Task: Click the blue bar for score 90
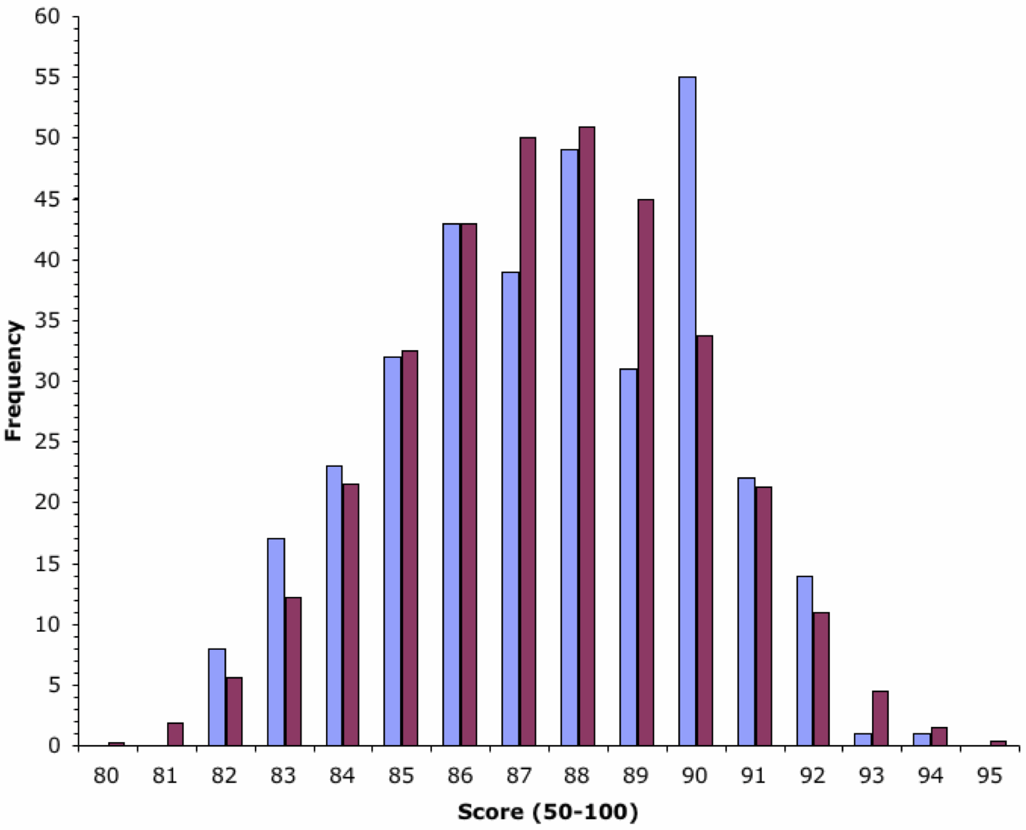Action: (x=687, y=411)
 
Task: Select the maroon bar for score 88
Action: (x=587, y=436)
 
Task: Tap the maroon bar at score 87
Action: (x=528, y=442)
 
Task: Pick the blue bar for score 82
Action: (x=216, y=697)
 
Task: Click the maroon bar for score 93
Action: (x=880, y=718)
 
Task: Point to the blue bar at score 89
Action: (x=628, y=557)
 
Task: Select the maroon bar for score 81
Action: (x=175, y=734)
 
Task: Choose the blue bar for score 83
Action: (x=276, y=642)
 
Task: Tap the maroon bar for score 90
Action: (x=704, y=540)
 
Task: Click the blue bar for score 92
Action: (x=805, y=661)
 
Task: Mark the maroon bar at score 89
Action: (x=646, y=472)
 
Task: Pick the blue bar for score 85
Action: (x=393, y=551)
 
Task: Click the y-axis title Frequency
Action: (x=14, y=381)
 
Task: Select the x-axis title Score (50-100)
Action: (x=547, y=811)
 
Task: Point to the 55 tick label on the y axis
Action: (x=48, y=77)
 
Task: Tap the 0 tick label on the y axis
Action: (x=54, y=746)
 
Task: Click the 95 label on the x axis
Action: (x=989, y=776)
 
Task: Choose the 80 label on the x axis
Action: (x=106, y=776)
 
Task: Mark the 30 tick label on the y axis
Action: (x=48, y=381)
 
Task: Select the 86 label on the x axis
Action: (x=460, y=776)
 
